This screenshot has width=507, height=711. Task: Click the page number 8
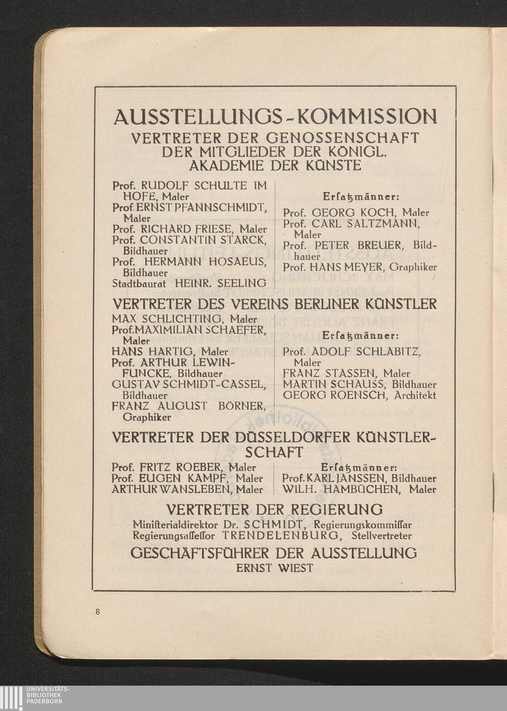tap(97, 612)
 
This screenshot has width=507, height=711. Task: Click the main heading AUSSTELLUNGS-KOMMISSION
tap(275, 117)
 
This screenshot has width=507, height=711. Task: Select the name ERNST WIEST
tap(274, 568)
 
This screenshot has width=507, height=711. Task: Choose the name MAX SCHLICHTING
tap(168, 319)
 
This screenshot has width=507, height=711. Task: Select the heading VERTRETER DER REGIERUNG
tap(274, 509)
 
